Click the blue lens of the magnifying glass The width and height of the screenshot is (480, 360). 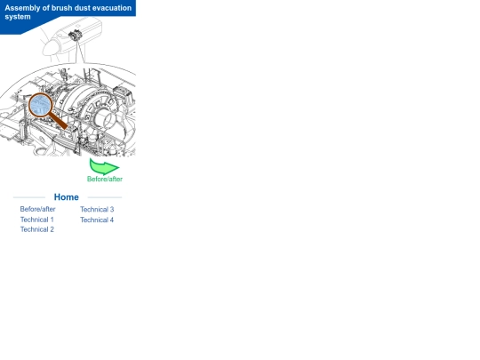click(40, 105)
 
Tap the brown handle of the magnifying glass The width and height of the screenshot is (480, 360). click(58, 121)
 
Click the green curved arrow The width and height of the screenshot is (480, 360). click(103, 166)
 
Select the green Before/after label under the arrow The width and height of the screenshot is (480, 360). click(105, 179)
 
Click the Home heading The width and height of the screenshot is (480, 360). click(67, 197)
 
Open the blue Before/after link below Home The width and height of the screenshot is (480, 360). click(37, 209)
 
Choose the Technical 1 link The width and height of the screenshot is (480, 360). click(37, 220)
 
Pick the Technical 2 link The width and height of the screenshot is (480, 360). click(37, 229)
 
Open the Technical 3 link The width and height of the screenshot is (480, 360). click(97, 210)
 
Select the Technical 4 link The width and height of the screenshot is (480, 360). click(97, 220)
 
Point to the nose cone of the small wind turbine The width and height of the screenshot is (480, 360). click(49, 48)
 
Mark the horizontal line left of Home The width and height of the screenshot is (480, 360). click(29, 197)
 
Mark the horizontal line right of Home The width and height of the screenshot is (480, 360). click(105, 197)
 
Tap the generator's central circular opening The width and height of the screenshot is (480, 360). click(105, 119)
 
